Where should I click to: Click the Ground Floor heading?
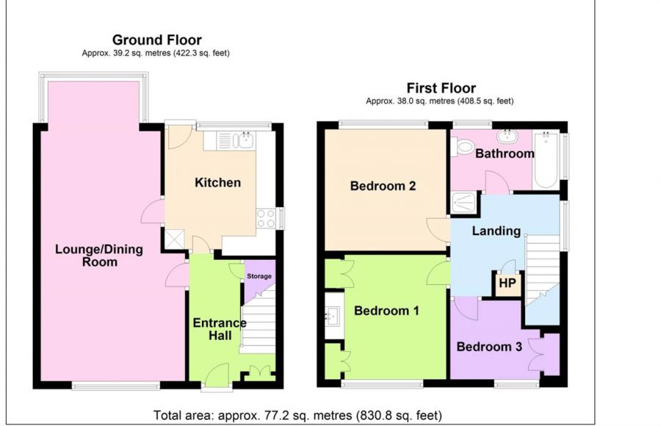point(157,40)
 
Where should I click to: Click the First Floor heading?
point(441,88)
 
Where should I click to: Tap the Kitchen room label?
point(217,183)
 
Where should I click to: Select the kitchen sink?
point(246,140)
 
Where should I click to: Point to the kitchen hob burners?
point(266,218)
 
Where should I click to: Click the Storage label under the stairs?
point(259,276)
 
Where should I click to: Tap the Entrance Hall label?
point(220,329)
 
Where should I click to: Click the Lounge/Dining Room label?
point(99,255)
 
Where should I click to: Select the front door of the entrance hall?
point(217,375)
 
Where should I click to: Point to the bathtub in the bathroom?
point(546,160)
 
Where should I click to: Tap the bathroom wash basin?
point(507,135)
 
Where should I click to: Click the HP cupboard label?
point(507,283)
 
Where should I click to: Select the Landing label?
point(496,231)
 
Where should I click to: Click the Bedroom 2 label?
point(383,186)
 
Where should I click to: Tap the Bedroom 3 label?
point(489,347)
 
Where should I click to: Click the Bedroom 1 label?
point(386,311)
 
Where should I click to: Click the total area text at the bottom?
point(297,416)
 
